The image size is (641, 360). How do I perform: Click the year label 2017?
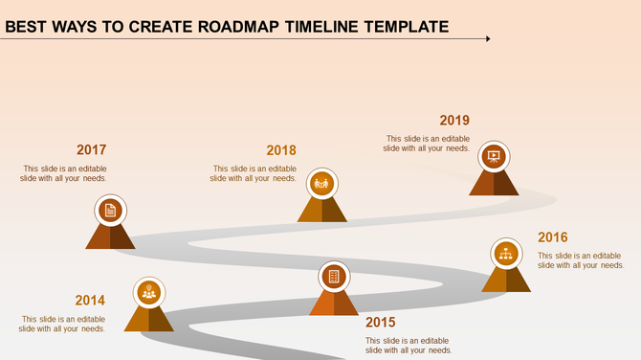tap(91, 150)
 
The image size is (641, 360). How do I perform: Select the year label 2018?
tap(281, 150)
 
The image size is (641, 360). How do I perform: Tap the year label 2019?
tap(454, 121)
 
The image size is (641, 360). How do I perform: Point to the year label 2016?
tap(553, 237)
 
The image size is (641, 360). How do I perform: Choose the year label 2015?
tap(380, 323)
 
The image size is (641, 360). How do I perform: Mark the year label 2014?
tap(90, 301)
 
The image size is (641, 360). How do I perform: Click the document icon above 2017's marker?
tap(111, 210)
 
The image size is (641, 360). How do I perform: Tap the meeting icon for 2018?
tap(321, 182)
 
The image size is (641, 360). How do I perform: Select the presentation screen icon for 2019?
tap(494, 156)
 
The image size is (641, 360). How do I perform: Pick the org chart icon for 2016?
tap(505, 254)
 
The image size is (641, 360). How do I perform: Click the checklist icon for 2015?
tap(334, 277)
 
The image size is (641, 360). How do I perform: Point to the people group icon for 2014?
tap(148, 291)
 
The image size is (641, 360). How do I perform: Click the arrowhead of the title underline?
tap(487, 39)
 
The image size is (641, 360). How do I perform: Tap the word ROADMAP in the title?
tap(244, 26)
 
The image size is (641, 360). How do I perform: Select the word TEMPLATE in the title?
tap(406, 26)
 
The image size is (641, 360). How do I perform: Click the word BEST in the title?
tap(30, 26)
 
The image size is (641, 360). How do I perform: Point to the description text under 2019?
tap(427, 144)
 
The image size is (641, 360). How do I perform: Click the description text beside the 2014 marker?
tap(63, 324)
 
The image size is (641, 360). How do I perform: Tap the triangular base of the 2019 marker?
tap(494, 184)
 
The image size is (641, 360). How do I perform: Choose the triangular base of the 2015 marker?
tap(334, 304)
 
